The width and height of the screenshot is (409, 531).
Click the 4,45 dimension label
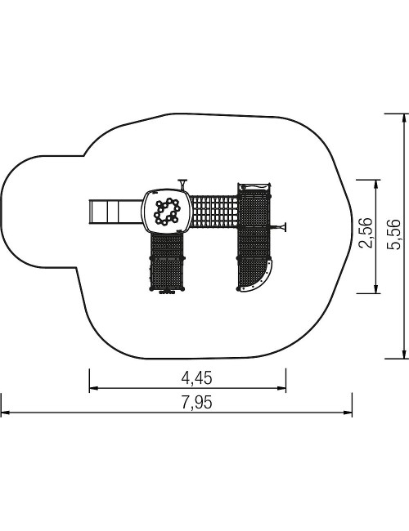(197, 377)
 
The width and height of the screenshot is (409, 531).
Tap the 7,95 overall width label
(197, 402)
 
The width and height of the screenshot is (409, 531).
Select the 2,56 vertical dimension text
(366, 233)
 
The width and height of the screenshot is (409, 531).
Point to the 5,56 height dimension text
(394, 234)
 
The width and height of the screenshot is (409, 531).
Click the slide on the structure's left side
(115, 212)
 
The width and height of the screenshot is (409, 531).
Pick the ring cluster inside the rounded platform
(167, 212)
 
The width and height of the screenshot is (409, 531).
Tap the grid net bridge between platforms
(213, 212)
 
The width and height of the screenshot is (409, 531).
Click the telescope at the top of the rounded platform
(183, 184)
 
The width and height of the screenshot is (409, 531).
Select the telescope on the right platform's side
(279, 227)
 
